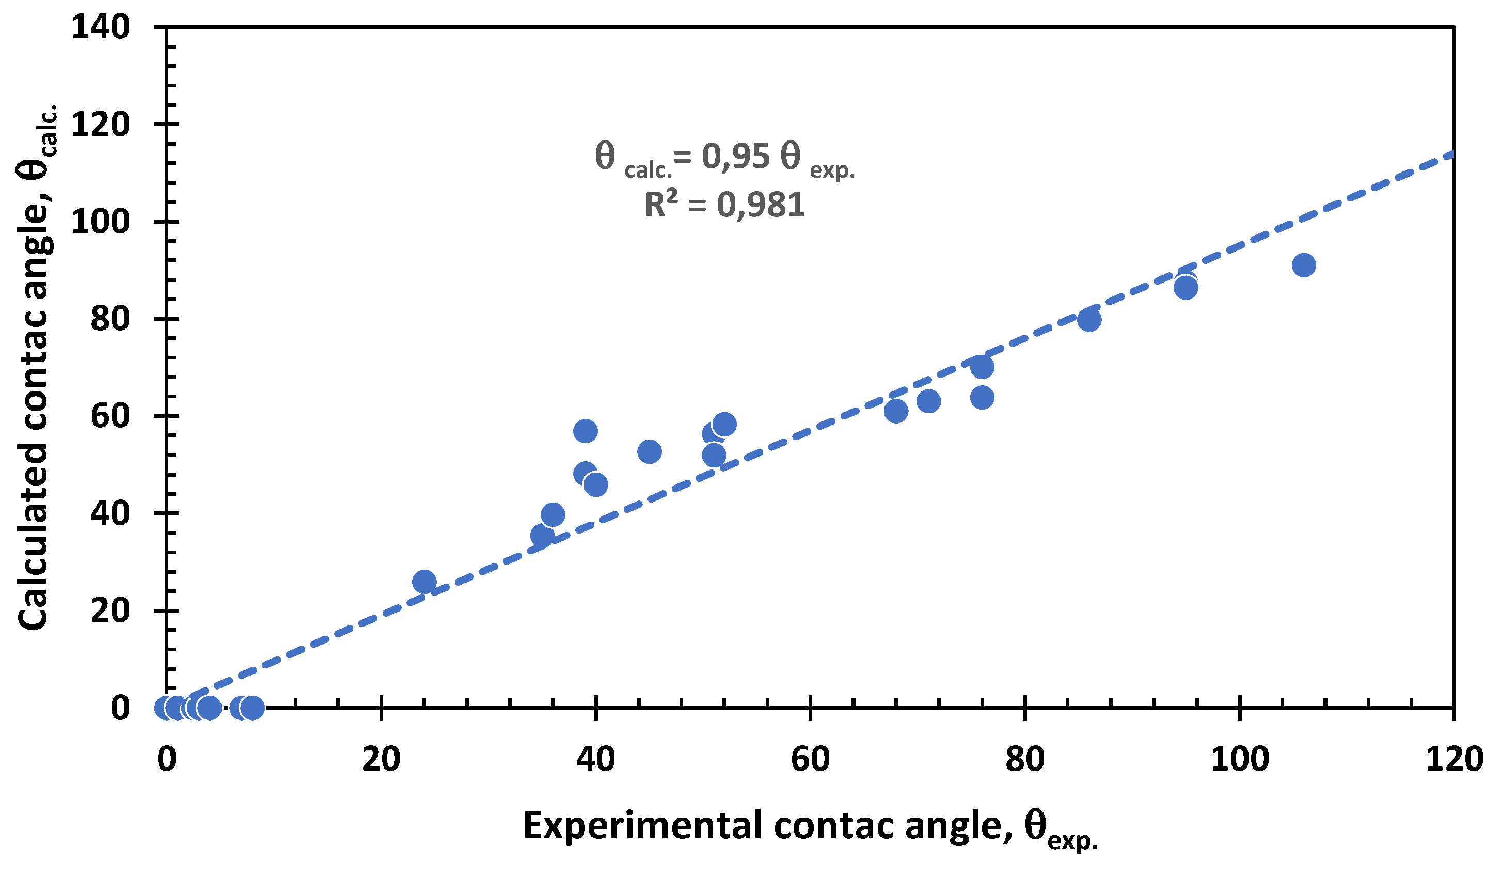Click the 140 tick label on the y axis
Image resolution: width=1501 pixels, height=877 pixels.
100,27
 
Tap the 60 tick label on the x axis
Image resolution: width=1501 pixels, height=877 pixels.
810,760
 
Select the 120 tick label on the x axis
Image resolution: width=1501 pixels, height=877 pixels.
1453,760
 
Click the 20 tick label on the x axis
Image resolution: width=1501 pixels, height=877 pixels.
381,760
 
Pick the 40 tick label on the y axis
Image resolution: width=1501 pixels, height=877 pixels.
109,513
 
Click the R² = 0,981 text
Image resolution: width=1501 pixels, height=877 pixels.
724,205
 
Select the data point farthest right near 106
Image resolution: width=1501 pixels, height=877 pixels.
1303,265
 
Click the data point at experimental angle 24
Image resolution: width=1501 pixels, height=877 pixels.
424,582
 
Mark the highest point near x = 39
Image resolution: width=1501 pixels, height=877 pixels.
585,431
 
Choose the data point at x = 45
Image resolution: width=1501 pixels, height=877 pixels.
649,451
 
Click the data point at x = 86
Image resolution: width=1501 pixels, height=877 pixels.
1089,320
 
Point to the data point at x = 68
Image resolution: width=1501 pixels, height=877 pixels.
896,411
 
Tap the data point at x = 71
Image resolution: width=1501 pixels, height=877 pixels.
928,401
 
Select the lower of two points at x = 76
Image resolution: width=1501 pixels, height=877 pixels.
982,397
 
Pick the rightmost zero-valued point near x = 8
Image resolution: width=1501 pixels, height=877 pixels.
252,708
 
